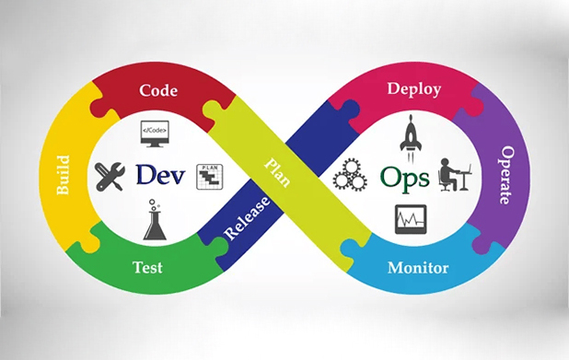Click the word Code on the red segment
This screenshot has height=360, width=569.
[x=158, y=90]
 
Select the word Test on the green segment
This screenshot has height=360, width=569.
[x=148, y=268]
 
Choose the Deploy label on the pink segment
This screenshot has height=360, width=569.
[x=414, y=89]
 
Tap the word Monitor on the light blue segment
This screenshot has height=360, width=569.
[x=418, y=268]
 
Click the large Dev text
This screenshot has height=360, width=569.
[x=160, y=173]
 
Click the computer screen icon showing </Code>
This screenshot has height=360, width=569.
[x=156, y=134]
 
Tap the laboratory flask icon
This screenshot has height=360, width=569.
[x=155, y=222]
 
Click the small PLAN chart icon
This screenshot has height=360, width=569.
[x=210, y=177]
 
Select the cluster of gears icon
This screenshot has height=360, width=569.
[x=350, y=175]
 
